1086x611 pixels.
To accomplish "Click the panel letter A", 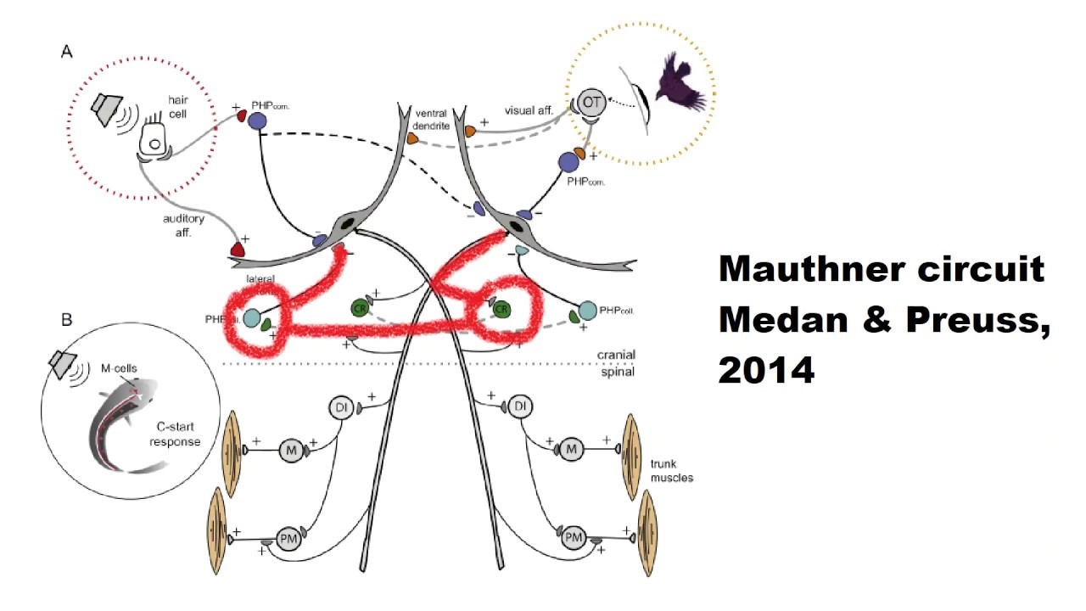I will (x=66, y=52).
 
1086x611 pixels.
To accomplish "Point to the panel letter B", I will (x=66, y=320).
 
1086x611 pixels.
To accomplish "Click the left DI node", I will (x=341, y=408).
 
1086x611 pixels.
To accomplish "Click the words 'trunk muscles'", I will (x=672, y=471).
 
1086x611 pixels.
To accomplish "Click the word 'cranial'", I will (x=615, y=355).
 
